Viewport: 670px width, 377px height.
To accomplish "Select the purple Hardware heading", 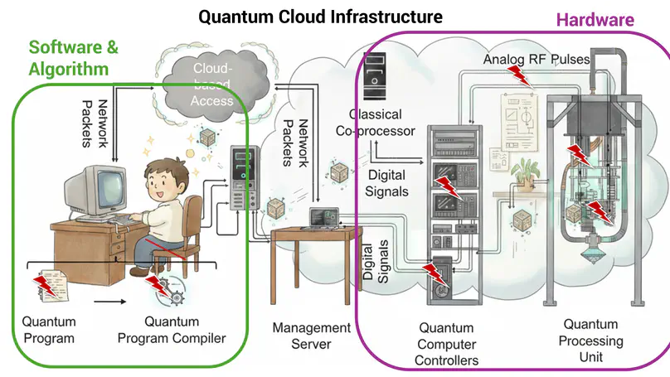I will (595, 20).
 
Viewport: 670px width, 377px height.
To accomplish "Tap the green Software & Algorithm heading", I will (73, 57).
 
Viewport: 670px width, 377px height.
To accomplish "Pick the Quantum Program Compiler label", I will (172, 330).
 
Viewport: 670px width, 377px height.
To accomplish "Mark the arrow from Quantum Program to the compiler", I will (104, 302).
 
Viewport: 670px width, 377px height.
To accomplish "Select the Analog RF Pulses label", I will (536, 60).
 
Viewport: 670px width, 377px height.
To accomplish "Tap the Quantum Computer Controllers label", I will (448, 344).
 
